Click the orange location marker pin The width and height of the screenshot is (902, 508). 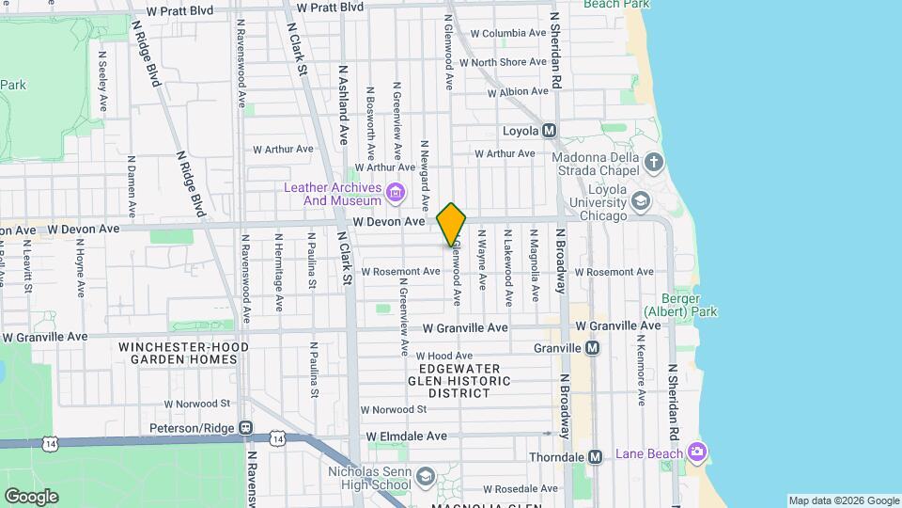click(x=451, y=225)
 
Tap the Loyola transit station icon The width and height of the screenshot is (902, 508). click(x=550, y=131)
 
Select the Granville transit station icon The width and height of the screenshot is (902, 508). click(x=592, y=348)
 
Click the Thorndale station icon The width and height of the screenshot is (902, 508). click(x=595, y=456)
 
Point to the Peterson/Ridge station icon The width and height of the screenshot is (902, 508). click(x=245, y=428)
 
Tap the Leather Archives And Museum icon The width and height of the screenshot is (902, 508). click(x=396, y=194)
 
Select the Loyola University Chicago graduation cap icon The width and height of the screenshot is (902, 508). click(x=641, y=199)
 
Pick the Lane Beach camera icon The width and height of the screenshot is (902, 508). click(x=695, y=453)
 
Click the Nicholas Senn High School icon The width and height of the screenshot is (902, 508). click(x=426, y=478)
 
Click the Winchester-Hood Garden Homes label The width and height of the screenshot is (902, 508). click(x=184, y=353)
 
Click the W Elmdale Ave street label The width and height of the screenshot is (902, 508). click(x=407, y=437)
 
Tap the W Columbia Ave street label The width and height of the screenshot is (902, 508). click(x=508, y=33)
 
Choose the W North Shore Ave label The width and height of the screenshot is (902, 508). click(x=508, y=62)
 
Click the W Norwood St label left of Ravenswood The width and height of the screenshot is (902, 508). click(x=197, y=404)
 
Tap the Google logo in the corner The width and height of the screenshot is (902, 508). click(x=31, y=496)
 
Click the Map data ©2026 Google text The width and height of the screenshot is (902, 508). click(x=843, y=500)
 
